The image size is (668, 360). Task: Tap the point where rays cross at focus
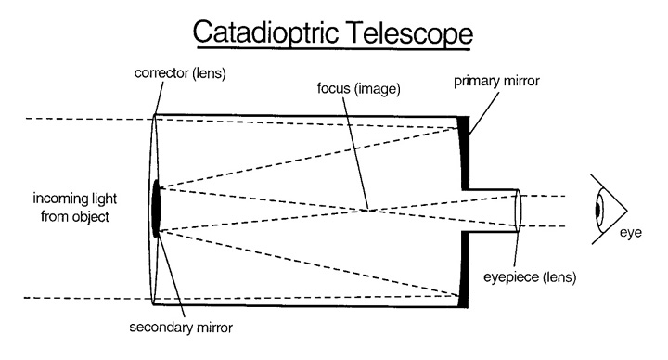(x=369, y=210)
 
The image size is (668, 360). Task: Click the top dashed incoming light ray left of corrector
(x=74, y=119)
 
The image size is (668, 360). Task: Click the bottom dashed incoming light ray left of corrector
(x=74, y=298)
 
